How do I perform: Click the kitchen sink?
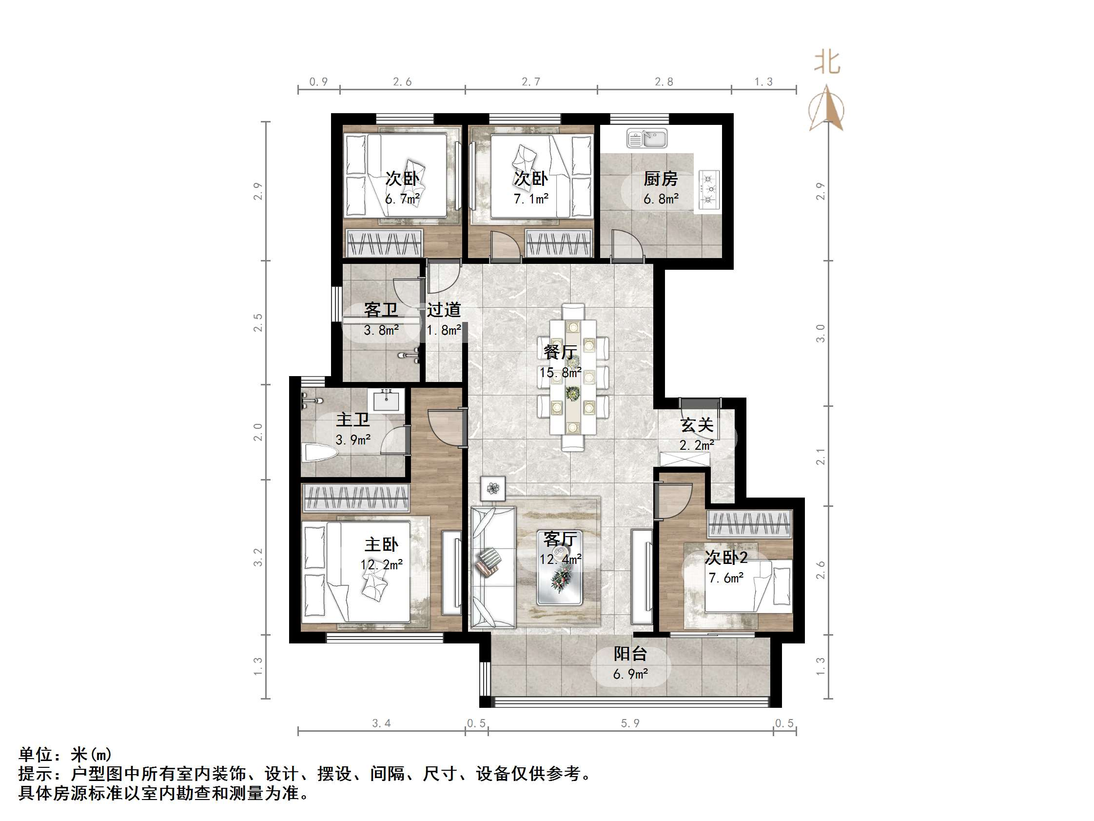tap(646, 138)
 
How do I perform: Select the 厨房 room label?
tap(660, 179)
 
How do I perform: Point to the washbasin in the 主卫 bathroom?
tap(388, 400)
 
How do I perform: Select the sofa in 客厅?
tap(492, 567)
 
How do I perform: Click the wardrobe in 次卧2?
tap(749, 523)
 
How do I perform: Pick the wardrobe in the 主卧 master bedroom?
tap(356, 498)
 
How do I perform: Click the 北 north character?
tap(827, 63)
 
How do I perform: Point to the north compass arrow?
tap(826, 109)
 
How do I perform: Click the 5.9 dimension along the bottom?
tap(630, 723)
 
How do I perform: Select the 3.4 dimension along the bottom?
tap(381, 723)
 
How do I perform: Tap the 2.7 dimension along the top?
tap(531, 81)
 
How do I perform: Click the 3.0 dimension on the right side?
tap(820, 333)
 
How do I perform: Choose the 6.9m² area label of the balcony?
tap(630, 674)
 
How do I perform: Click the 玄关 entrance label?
tap(696, 424)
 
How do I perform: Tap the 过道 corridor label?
tap(444, 310)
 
